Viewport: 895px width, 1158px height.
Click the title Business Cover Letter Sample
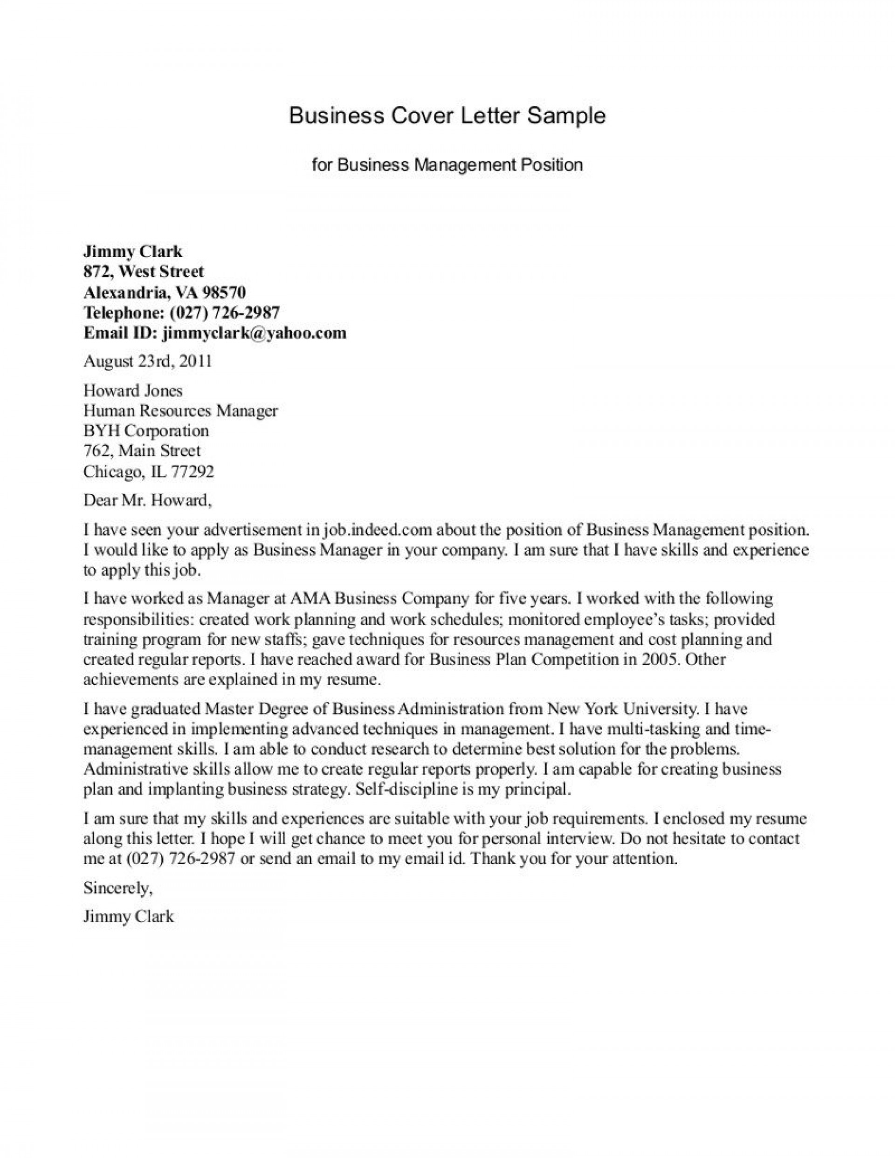pos(447,116)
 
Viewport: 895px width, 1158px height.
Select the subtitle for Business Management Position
pos(447,165)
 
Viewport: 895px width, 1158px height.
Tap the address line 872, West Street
pos(143,272)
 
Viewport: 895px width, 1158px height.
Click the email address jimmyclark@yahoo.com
pos(254,333)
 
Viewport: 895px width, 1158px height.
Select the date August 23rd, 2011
pos(147,361)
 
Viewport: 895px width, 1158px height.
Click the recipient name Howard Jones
pos(133,391)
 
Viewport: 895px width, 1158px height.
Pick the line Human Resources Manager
pos(180,410)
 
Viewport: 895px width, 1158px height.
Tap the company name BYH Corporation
pos(146,430)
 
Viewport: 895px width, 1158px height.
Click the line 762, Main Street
pos(142,451)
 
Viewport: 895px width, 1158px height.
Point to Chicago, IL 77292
pos(149,471)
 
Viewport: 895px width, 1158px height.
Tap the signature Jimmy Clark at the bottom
pos(128,917)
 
